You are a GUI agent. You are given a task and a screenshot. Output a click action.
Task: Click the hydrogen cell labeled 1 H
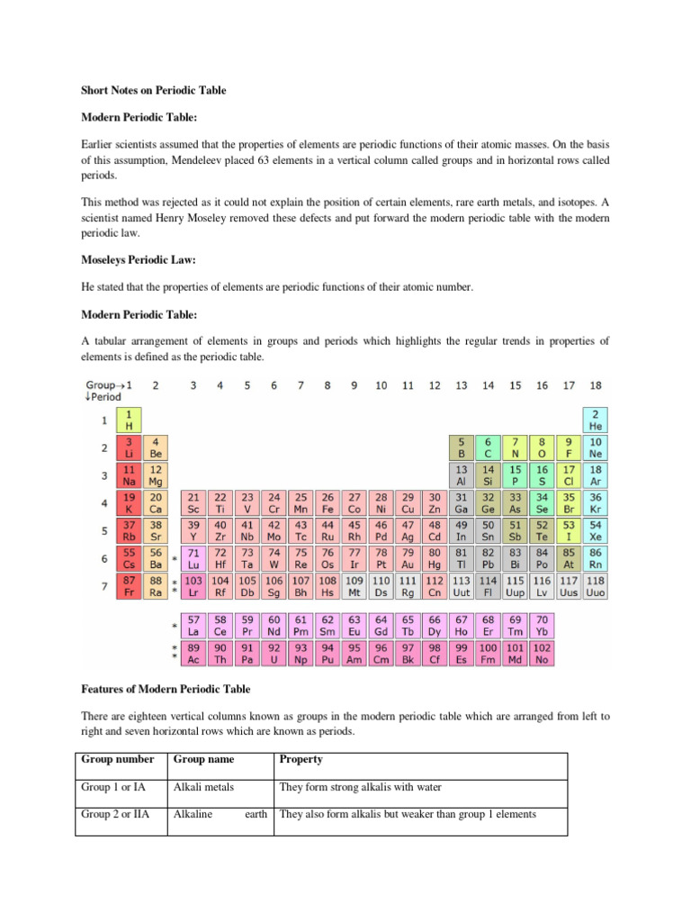click(129, 420)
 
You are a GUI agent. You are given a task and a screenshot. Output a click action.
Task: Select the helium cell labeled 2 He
click(596, 420)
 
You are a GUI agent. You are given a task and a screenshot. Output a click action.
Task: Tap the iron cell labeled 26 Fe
click(328, 502)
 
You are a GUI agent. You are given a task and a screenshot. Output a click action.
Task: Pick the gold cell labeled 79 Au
click(408, 557)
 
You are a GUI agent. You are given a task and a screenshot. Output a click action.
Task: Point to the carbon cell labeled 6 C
click(488, 447)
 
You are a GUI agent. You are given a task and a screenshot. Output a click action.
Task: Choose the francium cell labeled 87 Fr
click(129, 586)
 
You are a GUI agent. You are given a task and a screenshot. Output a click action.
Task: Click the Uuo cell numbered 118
click(596, 586)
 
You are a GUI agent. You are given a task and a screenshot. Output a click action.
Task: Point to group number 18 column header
click(596, 385)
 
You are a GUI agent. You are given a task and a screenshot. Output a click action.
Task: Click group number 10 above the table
click(381, 385)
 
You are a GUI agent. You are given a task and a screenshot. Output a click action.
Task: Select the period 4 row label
click(103, 502)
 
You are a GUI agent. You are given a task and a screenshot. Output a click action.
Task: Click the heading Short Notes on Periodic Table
click(154, 90)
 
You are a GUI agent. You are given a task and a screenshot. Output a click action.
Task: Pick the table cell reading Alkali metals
click(203, 787)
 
